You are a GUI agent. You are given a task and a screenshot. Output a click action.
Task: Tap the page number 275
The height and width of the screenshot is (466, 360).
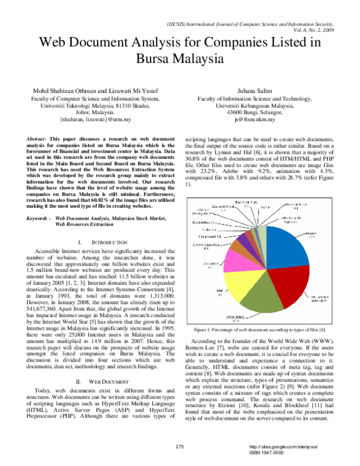pos(179,447)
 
